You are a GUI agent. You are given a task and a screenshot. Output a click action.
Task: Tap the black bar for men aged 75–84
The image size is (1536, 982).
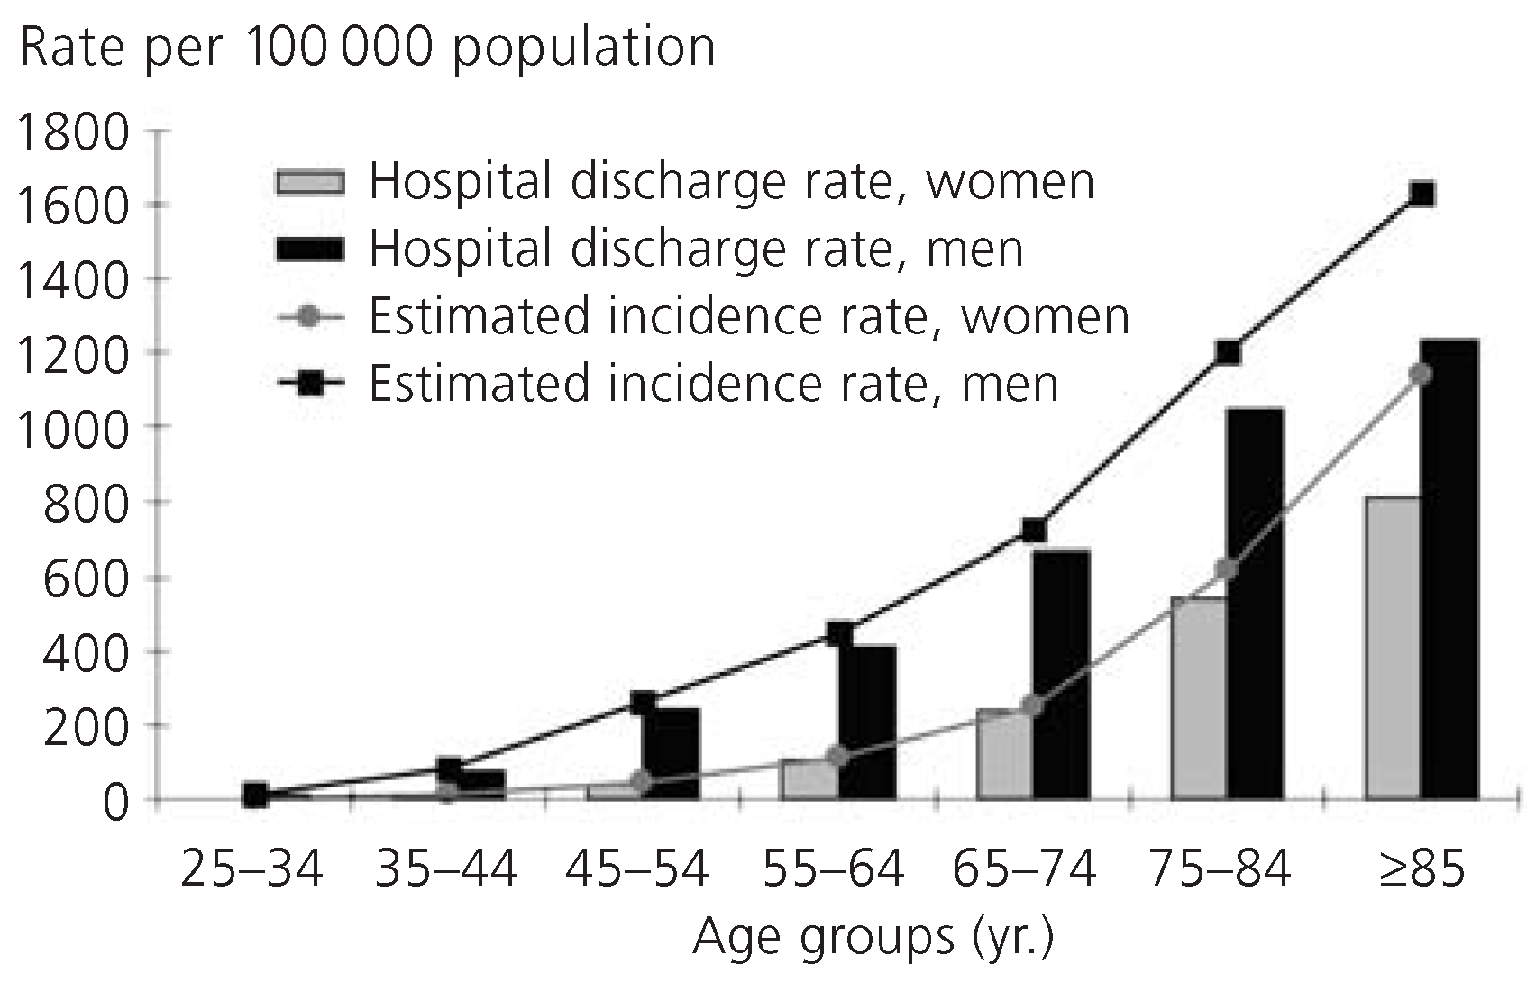click(x=1255, y=604)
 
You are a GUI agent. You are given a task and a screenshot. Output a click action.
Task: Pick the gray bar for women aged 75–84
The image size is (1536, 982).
click(x=1198, y=698)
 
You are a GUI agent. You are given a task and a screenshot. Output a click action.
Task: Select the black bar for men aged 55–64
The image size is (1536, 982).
click(x=866, y=722)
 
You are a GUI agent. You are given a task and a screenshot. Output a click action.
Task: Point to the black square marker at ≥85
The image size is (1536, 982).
click(x=1422, y=194)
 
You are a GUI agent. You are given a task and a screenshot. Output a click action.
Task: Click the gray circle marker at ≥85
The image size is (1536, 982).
click(x=1421, y=374)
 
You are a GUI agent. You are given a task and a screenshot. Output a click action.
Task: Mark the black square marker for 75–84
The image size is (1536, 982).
click(x=1228, y=352)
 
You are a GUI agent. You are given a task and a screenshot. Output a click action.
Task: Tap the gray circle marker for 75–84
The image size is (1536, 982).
click(x=1226, y=568)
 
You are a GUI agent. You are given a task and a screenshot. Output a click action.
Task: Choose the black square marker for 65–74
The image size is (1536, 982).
click(x=1033, y=530)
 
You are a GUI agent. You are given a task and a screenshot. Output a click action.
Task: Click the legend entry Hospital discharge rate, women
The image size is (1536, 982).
click(x=731, y=182)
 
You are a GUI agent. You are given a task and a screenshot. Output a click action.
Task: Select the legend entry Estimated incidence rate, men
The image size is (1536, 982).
click(x=713, y=384)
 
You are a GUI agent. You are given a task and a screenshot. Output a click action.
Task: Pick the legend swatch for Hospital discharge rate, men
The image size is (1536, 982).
click(x=309, y=250)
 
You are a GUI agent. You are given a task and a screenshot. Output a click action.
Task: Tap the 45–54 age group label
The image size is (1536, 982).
click(x=638, y=870)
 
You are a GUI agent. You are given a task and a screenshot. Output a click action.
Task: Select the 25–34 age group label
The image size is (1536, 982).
click(x=251, y=870)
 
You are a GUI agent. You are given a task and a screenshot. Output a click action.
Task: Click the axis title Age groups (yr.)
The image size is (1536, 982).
click(x=873, y=937)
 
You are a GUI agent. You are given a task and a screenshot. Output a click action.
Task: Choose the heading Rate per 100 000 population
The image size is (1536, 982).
click(x=367, y=47)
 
